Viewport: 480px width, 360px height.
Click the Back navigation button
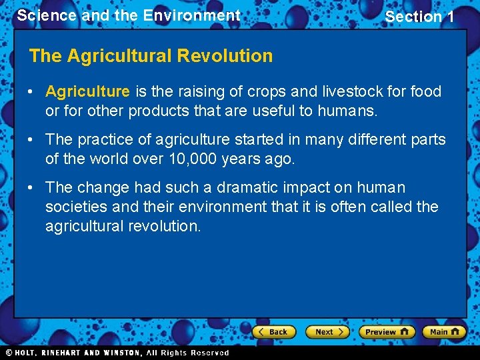click(274, 331)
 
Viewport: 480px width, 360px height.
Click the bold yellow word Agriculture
click(87, 91)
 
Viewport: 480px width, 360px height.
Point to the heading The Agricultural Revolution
click(151, 56)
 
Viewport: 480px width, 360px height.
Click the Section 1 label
click(419, 17)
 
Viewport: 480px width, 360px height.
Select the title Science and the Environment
click(129, 15)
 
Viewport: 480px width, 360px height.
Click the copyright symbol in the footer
click(9, 353)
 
